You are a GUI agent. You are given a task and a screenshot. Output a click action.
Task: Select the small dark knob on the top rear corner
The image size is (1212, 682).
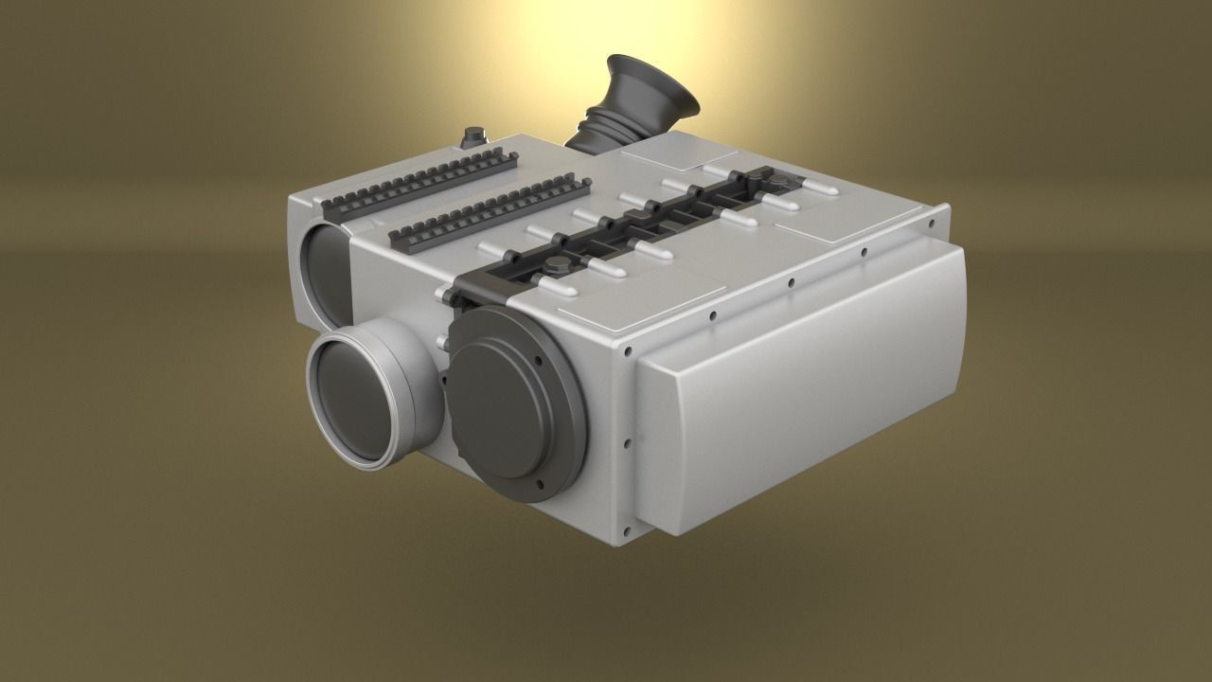point(470,138)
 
